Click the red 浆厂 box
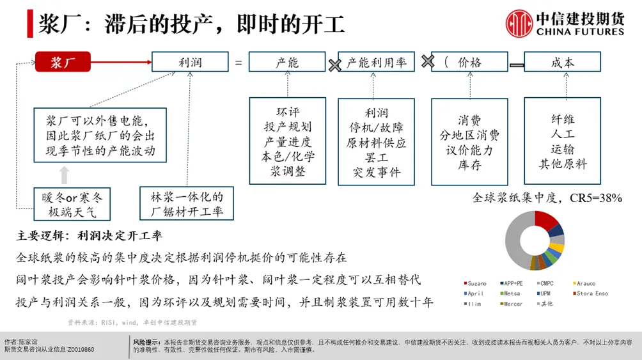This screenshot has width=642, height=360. click(63, 62)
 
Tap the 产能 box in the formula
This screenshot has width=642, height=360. click(287, 62)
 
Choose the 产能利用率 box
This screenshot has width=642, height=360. click(377, 62)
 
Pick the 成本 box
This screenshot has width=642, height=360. click(562, 62)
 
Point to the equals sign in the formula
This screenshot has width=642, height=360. click(239, 63)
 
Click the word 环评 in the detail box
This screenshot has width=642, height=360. click(287, 112)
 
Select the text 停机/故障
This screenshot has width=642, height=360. click(377, 127)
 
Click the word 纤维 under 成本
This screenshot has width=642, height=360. click(562, 120)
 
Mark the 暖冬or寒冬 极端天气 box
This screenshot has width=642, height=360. click(72, 204)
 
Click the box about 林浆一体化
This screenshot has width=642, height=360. click(187, 204)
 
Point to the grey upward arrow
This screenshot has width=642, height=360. click(63, 175)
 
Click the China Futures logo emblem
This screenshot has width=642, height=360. click(519, 24)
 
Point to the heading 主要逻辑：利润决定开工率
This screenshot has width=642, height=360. click(91, 236)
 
